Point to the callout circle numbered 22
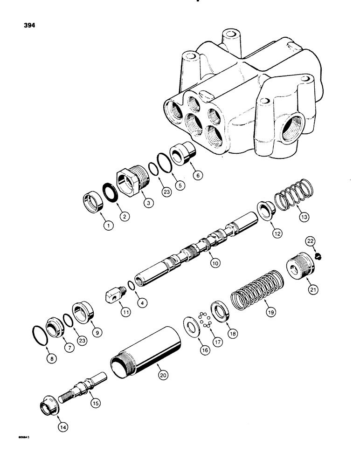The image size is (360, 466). pyautogui.click(x=310, y=240)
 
